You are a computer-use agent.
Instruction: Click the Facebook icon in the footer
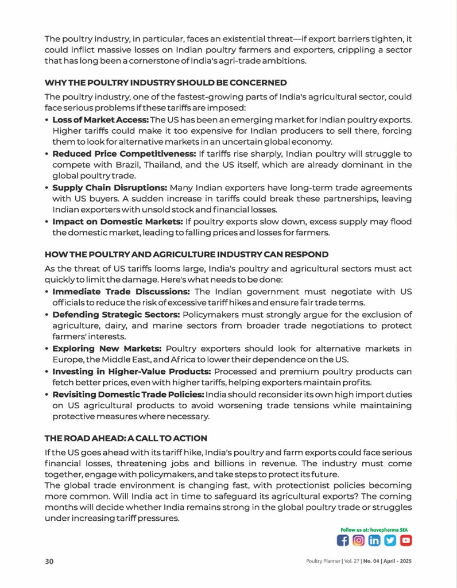[x=343, y=540]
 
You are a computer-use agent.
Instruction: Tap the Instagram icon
[x=359, y=540]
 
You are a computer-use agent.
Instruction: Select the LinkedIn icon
[x=374, y=540]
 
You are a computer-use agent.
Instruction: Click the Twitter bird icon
[x=390, y=540]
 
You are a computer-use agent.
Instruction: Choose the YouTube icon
[x=406, y=540]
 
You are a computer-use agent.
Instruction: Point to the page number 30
[x=49, y=561]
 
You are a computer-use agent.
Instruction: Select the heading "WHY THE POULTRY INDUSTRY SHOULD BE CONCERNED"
[x=165, y=83]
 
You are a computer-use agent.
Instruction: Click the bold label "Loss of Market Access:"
[x=100, y=119]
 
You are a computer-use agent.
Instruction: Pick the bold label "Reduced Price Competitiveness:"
[x=124, y=154]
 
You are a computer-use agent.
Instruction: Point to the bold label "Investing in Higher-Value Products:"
[x=131, y=372]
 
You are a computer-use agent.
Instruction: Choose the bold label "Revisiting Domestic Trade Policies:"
[x=128, y=394]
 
